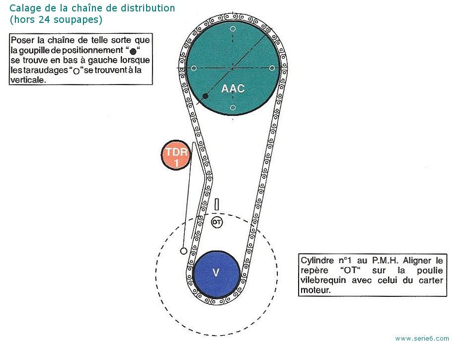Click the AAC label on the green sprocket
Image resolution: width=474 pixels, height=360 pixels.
click(x=233, y=89)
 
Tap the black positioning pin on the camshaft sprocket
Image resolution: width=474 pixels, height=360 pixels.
click(x=205, y=96)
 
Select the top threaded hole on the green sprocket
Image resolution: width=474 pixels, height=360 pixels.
click(x=233, y=29)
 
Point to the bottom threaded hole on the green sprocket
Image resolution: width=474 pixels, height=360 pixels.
click(x=233, y=107)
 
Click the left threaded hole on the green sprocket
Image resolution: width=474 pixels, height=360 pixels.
click(x=194, y=68)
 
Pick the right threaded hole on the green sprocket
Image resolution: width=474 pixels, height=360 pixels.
click(x=272, y=68)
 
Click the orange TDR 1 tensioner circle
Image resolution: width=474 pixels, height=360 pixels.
click(x=176, y=155)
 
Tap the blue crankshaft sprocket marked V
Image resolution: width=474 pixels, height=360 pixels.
click(x=216, y=274)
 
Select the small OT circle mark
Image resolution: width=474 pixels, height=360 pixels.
click(x=217, y=222)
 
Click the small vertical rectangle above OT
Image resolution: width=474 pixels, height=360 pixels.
click(x=217, y=204)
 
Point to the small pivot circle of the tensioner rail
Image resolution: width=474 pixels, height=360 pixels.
click(x=183, y=251)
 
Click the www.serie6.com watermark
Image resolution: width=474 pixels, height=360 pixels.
click(x=422, y=339)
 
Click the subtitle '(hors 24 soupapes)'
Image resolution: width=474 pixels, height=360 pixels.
click(x=56, y=20)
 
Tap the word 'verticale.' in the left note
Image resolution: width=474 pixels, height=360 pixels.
click(x=28, y=80)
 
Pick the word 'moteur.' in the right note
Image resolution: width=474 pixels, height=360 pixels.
click(x=316, y=290)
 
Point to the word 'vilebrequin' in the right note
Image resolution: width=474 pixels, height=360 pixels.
click(x=323, y=280)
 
